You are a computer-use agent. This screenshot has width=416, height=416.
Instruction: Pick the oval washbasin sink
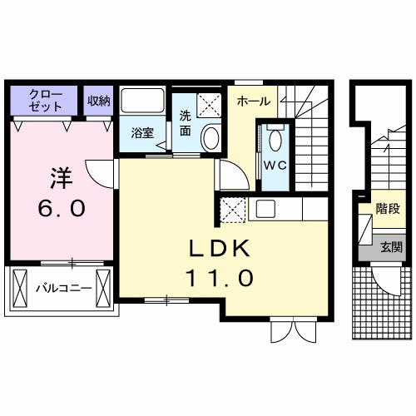tap(210, 136)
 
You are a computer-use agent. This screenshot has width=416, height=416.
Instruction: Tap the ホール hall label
tap(253, 102)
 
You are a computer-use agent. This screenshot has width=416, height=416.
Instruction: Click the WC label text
tap(275, 164)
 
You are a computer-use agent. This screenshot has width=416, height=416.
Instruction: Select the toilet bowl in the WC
tap(275, 137)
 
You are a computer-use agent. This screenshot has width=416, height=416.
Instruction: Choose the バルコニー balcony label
tap(62, 290)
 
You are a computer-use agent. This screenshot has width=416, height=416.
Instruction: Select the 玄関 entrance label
tap(390, 246)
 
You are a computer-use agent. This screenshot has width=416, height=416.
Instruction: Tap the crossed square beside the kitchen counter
tap(232, 209)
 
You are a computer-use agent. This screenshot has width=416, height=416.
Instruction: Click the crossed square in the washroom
tap(208, 106)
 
